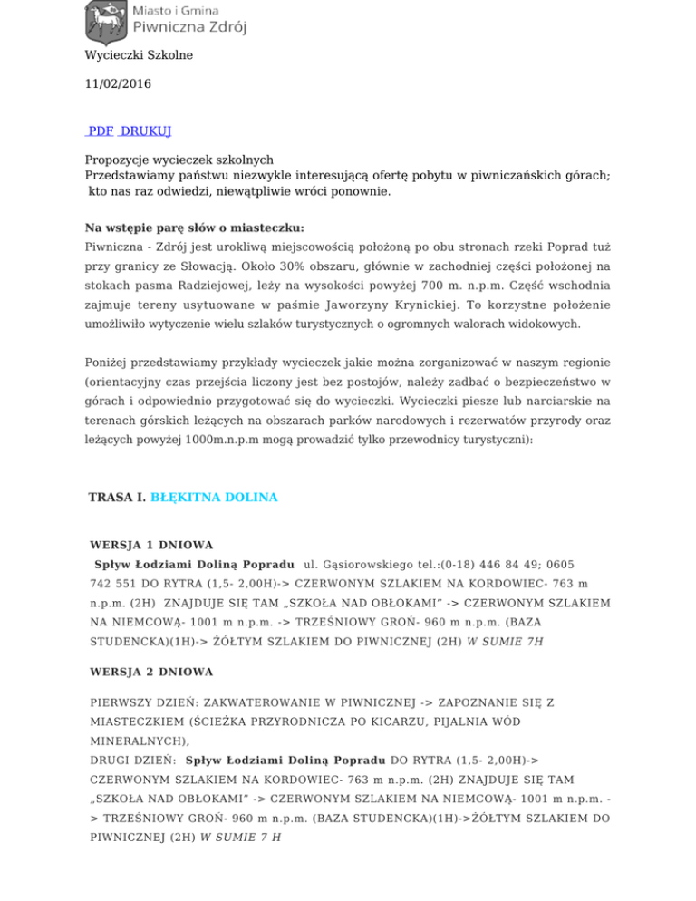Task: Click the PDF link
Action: pyautogui.click(x=101, y=131)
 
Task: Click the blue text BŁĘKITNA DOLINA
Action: pyautogui.click(x=213, y=498)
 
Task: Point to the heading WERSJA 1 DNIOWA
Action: pyautogui.click(x=151, y=546)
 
